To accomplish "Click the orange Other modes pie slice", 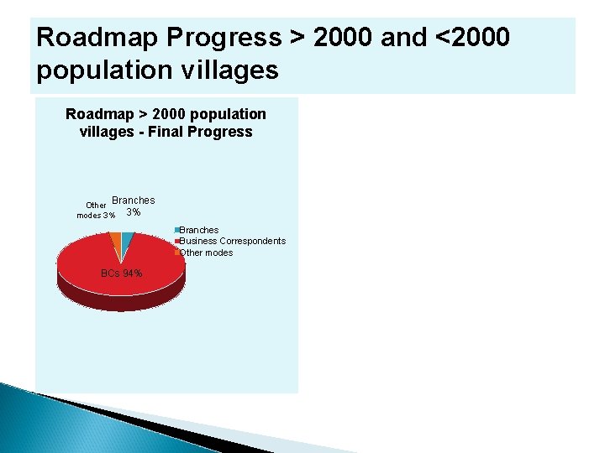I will point(114,241).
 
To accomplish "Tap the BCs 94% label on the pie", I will point(121,273).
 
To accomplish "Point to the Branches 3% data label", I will point(133,206).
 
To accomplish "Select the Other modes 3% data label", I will point(96,210).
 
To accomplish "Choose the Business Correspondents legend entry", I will point(232,241).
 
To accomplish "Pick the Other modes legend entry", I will point(206,253).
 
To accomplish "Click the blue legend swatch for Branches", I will point(176,230).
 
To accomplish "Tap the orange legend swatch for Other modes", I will point(176,253).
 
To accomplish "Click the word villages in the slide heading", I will point(226,70).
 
